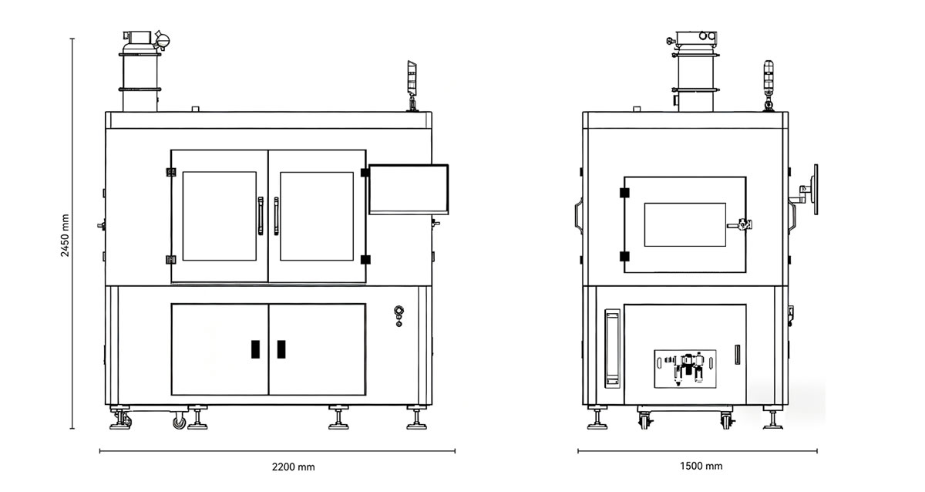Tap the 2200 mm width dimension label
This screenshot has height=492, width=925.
coord(293,467)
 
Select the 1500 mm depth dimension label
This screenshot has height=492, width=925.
coord(701,466)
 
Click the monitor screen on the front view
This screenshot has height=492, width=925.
coord(409,188)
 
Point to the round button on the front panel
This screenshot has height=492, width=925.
coord(399,312)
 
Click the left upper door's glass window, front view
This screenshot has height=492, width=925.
coord(219,216)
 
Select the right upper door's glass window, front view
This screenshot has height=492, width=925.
coord(316,216)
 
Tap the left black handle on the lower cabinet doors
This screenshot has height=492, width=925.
coord(255,349)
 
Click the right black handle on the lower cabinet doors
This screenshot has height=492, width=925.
coord(281,349)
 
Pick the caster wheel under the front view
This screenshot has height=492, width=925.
coord(179,421)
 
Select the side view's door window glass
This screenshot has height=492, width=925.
coord(684,224)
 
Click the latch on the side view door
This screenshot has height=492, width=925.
coord(744,225)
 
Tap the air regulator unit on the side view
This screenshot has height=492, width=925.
coord(686,369)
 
